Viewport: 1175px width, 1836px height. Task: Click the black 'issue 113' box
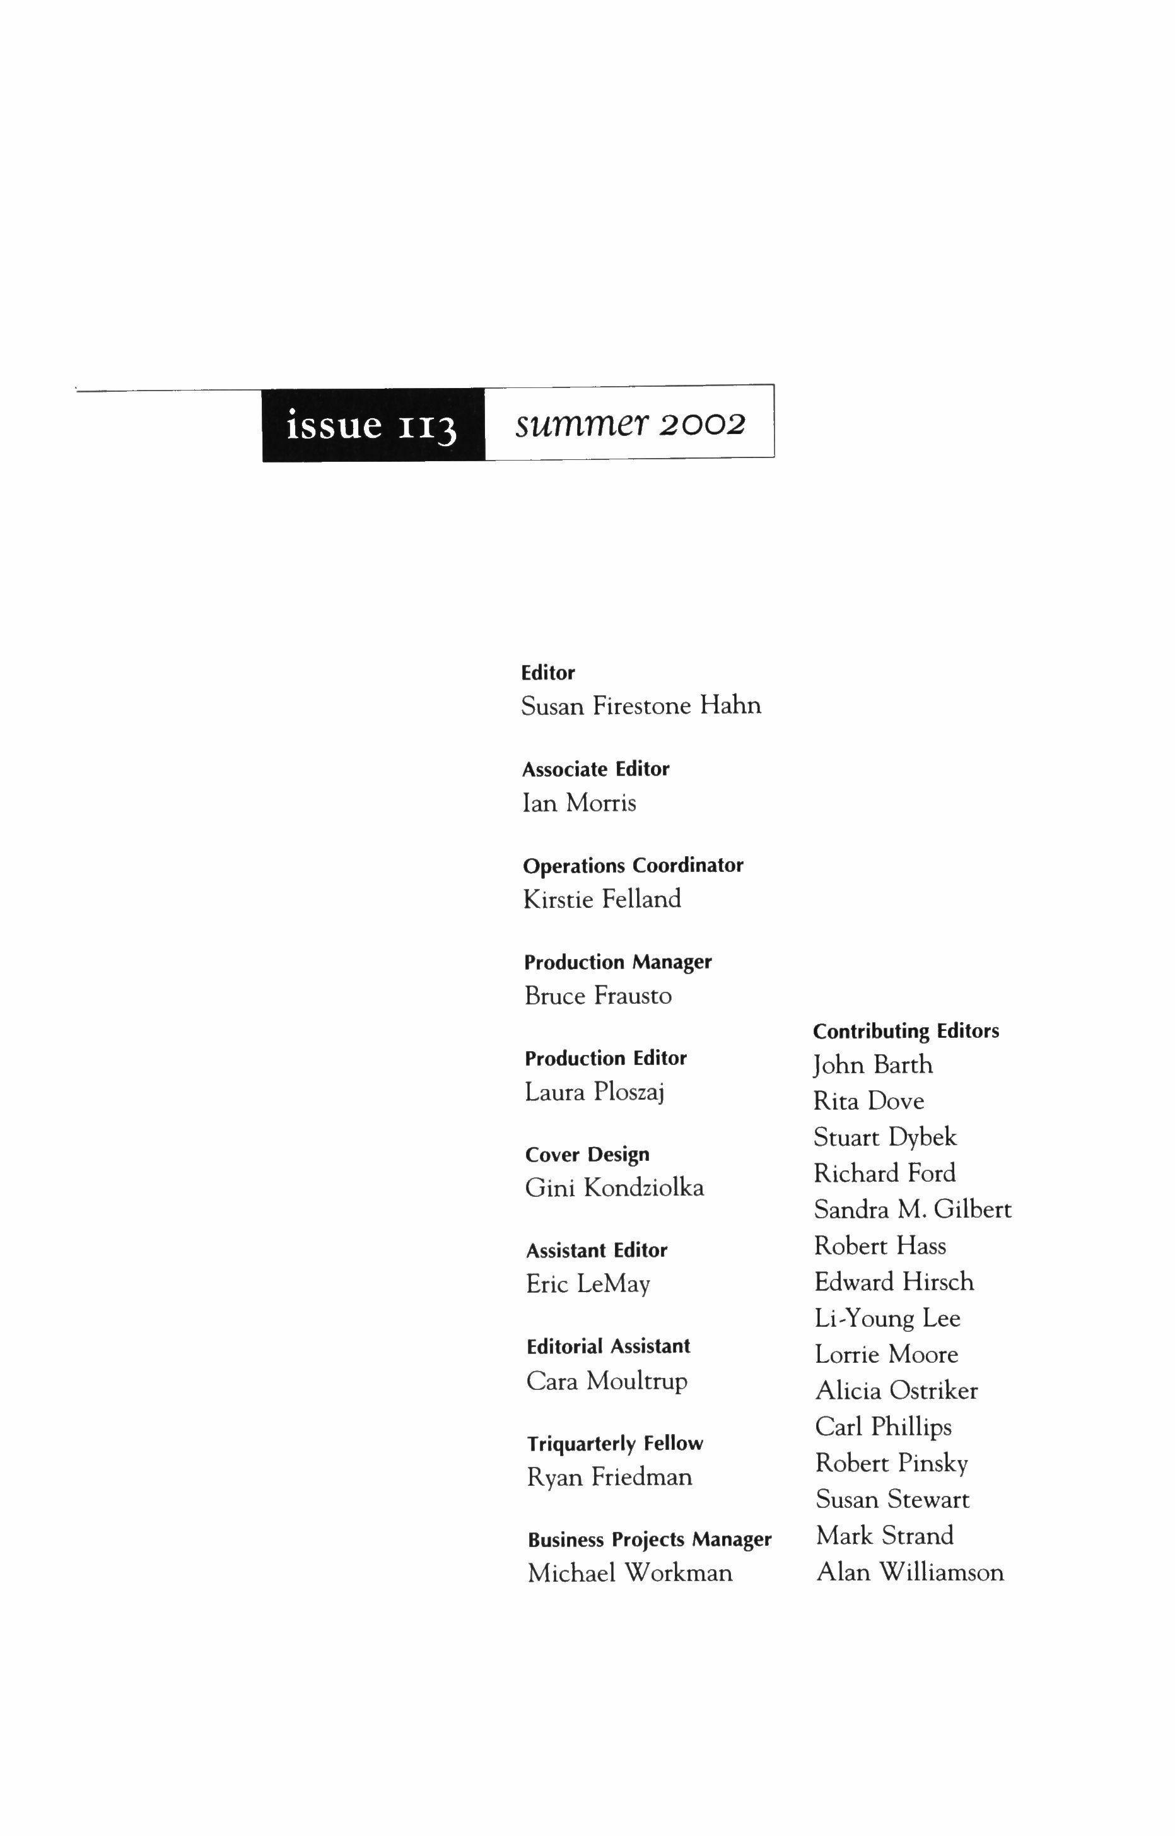coord(373,425)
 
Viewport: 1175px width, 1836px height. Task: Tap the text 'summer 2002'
coord(629,423)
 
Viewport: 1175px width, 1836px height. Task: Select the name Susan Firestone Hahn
coord(641,706)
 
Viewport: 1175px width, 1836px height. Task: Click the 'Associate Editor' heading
coord(595,769)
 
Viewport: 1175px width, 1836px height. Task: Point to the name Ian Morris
coord(578,803)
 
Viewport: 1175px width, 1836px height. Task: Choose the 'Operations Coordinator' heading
coord(633,866)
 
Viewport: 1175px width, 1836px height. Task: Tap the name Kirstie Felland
coord(602,899)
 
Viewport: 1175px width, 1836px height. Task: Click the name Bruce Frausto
coord(598,996)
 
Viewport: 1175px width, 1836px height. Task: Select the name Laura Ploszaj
coord(594,1092)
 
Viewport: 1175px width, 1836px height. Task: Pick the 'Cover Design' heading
coord(587,1155)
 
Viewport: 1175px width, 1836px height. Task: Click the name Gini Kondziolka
coord(614,1188)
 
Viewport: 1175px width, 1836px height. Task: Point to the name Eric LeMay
coord(588,1285)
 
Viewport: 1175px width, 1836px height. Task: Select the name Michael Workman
coord(629,1574)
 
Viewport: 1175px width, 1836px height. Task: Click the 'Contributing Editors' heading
coord(906,1031)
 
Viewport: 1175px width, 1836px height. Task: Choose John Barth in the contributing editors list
coord(873,1064)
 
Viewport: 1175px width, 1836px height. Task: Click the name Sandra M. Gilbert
coord(913,1209)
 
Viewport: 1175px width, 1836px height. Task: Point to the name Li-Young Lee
coord(887,1319)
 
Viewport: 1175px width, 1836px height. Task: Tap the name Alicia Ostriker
coord(896,1391)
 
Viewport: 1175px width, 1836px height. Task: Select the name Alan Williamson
coord(909,1572)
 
